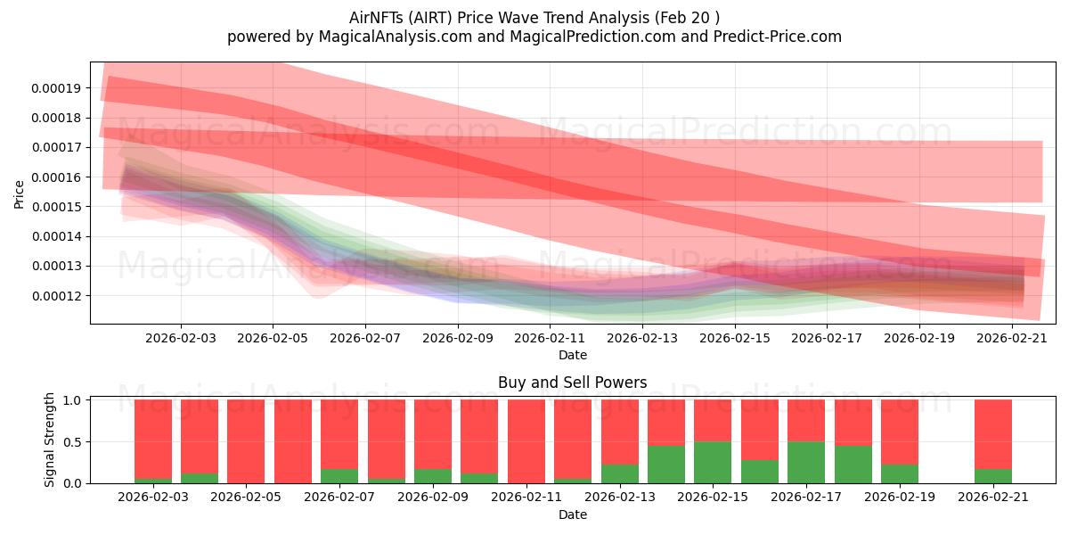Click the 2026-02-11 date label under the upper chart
(x=550, y=339)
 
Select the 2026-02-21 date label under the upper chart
(x=1012, y=339)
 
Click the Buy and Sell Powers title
(x=572, y=383)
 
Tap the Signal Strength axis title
(x=51, y=440)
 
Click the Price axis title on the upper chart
(x=20, y=193)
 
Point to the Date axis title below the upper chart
(x=572, y=355)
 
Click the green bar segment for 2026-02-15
(x=713, y=462)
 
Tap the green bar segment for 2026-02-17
(x=806, y=462)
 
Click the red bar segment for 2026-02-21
(x=992, y=433)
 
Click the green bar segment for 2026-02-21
(x=992, y=476)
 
